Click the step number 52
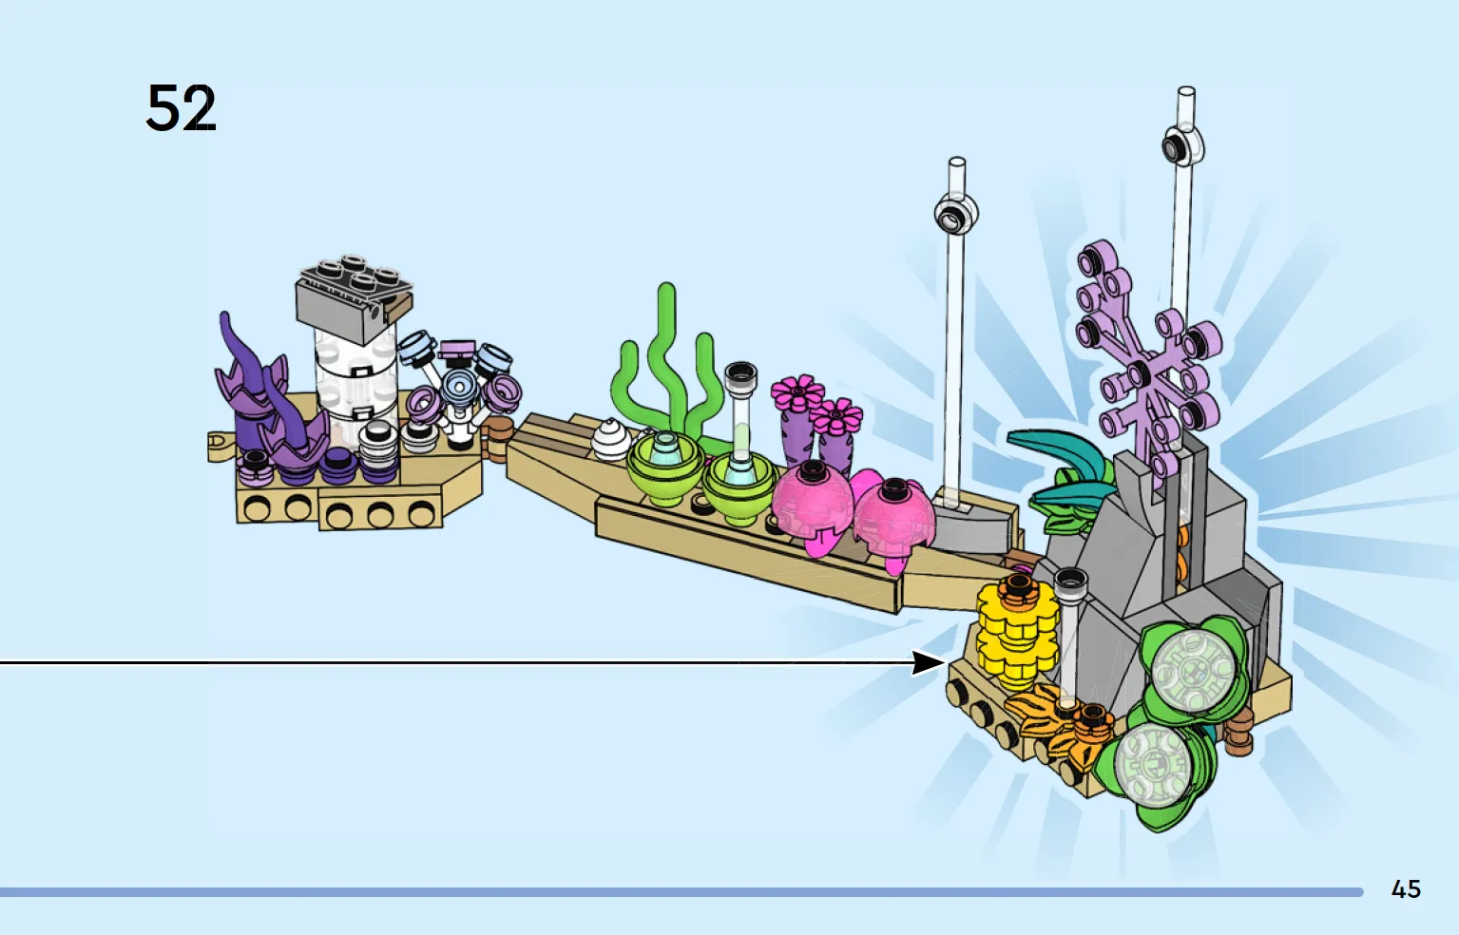coord(182,108)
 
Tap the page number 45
coord(1406,889)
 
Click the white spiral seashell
coord(610,440)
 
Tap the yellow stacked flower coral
coord(1016,635)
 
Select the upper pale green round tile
coord(1194,671)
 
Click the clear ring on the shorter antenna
coord(956,213)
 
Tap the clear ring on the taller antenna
coord(1183,144)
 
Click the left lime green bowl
coord(664,467)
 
